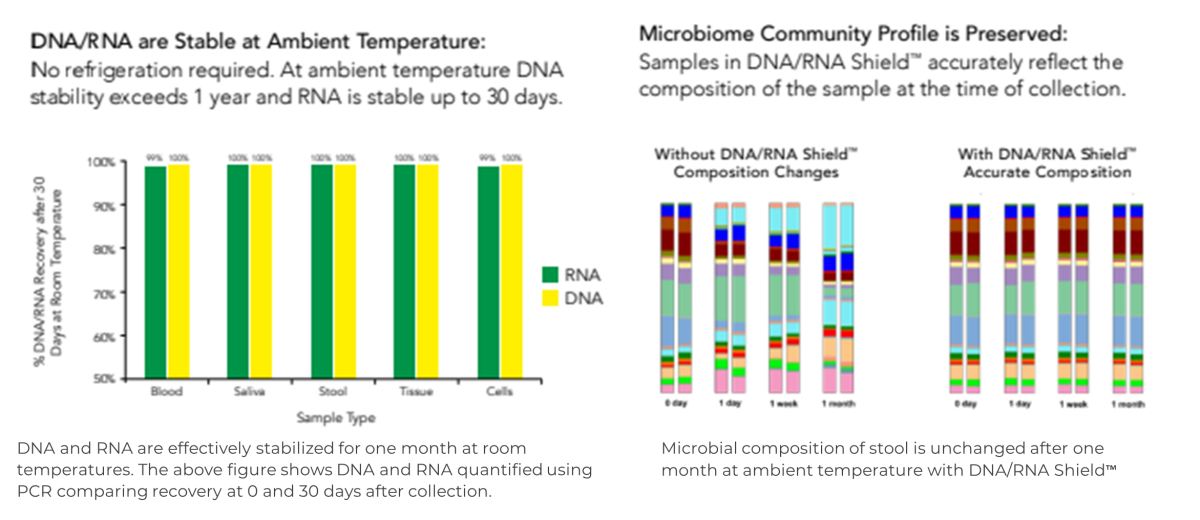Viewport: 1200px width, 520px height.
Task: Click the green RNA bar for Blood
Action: point(155,270)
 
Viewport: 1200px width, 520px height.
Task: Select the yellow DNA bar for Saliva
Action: point(262,270)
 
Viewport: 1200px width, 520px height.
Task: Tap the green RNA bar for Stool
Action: point(321,270)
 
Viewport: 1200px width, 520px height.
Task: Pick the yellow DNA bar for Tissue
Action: point(428,270)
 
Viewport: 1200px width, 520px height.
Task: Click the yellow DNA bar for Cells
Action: point(512,270)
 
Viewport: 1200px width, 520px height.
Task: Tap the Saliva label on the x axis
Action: point(250,392)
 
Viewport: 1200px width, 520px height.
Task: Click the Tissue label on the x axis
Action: point(416,392)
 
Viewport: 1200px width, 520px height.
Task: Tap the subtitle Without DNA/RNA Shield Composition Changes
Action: point(756,163)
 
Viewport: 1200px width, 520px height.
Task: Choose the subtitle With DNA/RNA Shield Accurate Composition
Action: point(1046,163)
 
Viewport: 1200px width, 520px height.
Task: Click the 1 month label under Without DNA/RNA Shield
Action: point(838,404)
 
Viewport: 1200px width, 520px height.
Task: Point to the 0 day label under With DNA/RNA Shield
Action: point(965,404)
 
